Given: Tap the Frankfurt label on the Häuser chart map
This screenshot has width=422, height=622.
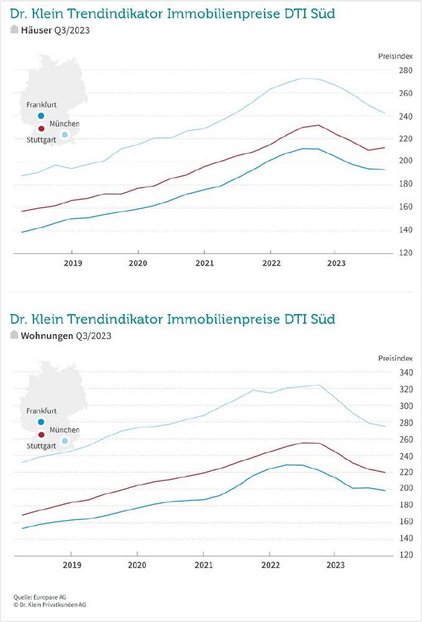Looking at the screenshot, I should click(x=42, y=105).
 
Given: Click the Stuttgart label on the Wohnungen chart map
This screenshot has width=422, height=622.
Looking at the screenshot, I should click(x=42, y=446).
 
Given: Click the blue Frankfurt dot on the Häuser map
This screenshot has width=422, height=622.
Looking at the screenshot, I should click(x=41, y=116).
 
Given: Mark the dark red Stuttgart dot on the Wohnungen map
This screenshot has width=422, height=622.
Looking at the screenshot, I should click(x=41, y=435).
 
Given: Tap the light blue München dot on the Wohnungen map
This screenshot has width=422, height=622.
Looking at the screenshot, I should click(x=65, y=441).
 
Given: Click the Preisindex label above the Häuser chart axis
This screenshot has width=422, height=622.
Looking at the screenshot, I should click(x=395, y=56).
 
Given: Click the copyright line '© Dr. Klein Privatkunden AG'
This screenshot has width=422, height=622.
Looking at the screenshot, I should click(x=49, y=604).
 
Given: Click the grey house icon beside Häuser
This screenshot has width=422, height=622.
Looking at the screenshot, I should click(x=14, y=30).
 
